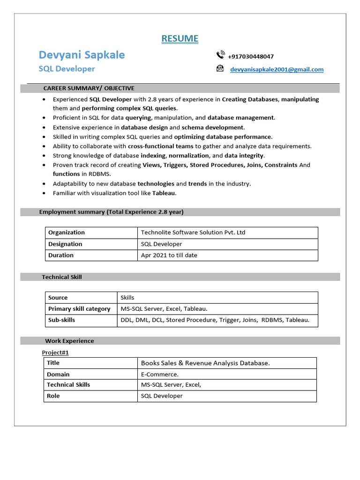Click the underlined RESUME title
[180, 38]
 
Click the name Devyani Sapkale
[82, 55]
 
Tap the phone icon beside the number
[220, 55]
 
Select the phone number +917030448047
[251, 56]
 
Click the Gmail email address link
[277, 69]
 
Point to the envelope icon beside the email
[220, 68]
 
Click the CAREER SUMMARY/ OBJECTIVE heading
[89, 88]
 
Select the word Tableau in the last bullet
[164, 193]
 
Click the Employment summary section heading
[111, 212]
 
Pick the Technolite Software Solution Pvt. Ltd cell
[193, 232]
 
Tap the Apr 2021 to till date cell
[169, 255]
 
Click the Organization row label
[67, 232]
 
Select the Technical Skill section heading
[62, 277]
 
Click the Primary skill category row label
[79, 309]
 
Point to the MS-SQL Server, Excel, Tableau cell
[164, 309]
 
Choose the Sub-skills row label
[61, 320]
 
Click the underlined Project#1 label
[55, 352]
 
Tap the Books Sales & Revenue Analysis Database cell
[205, 363]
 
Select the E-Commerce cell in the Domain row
[160, 375]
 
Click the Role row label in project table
[53, 396]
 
